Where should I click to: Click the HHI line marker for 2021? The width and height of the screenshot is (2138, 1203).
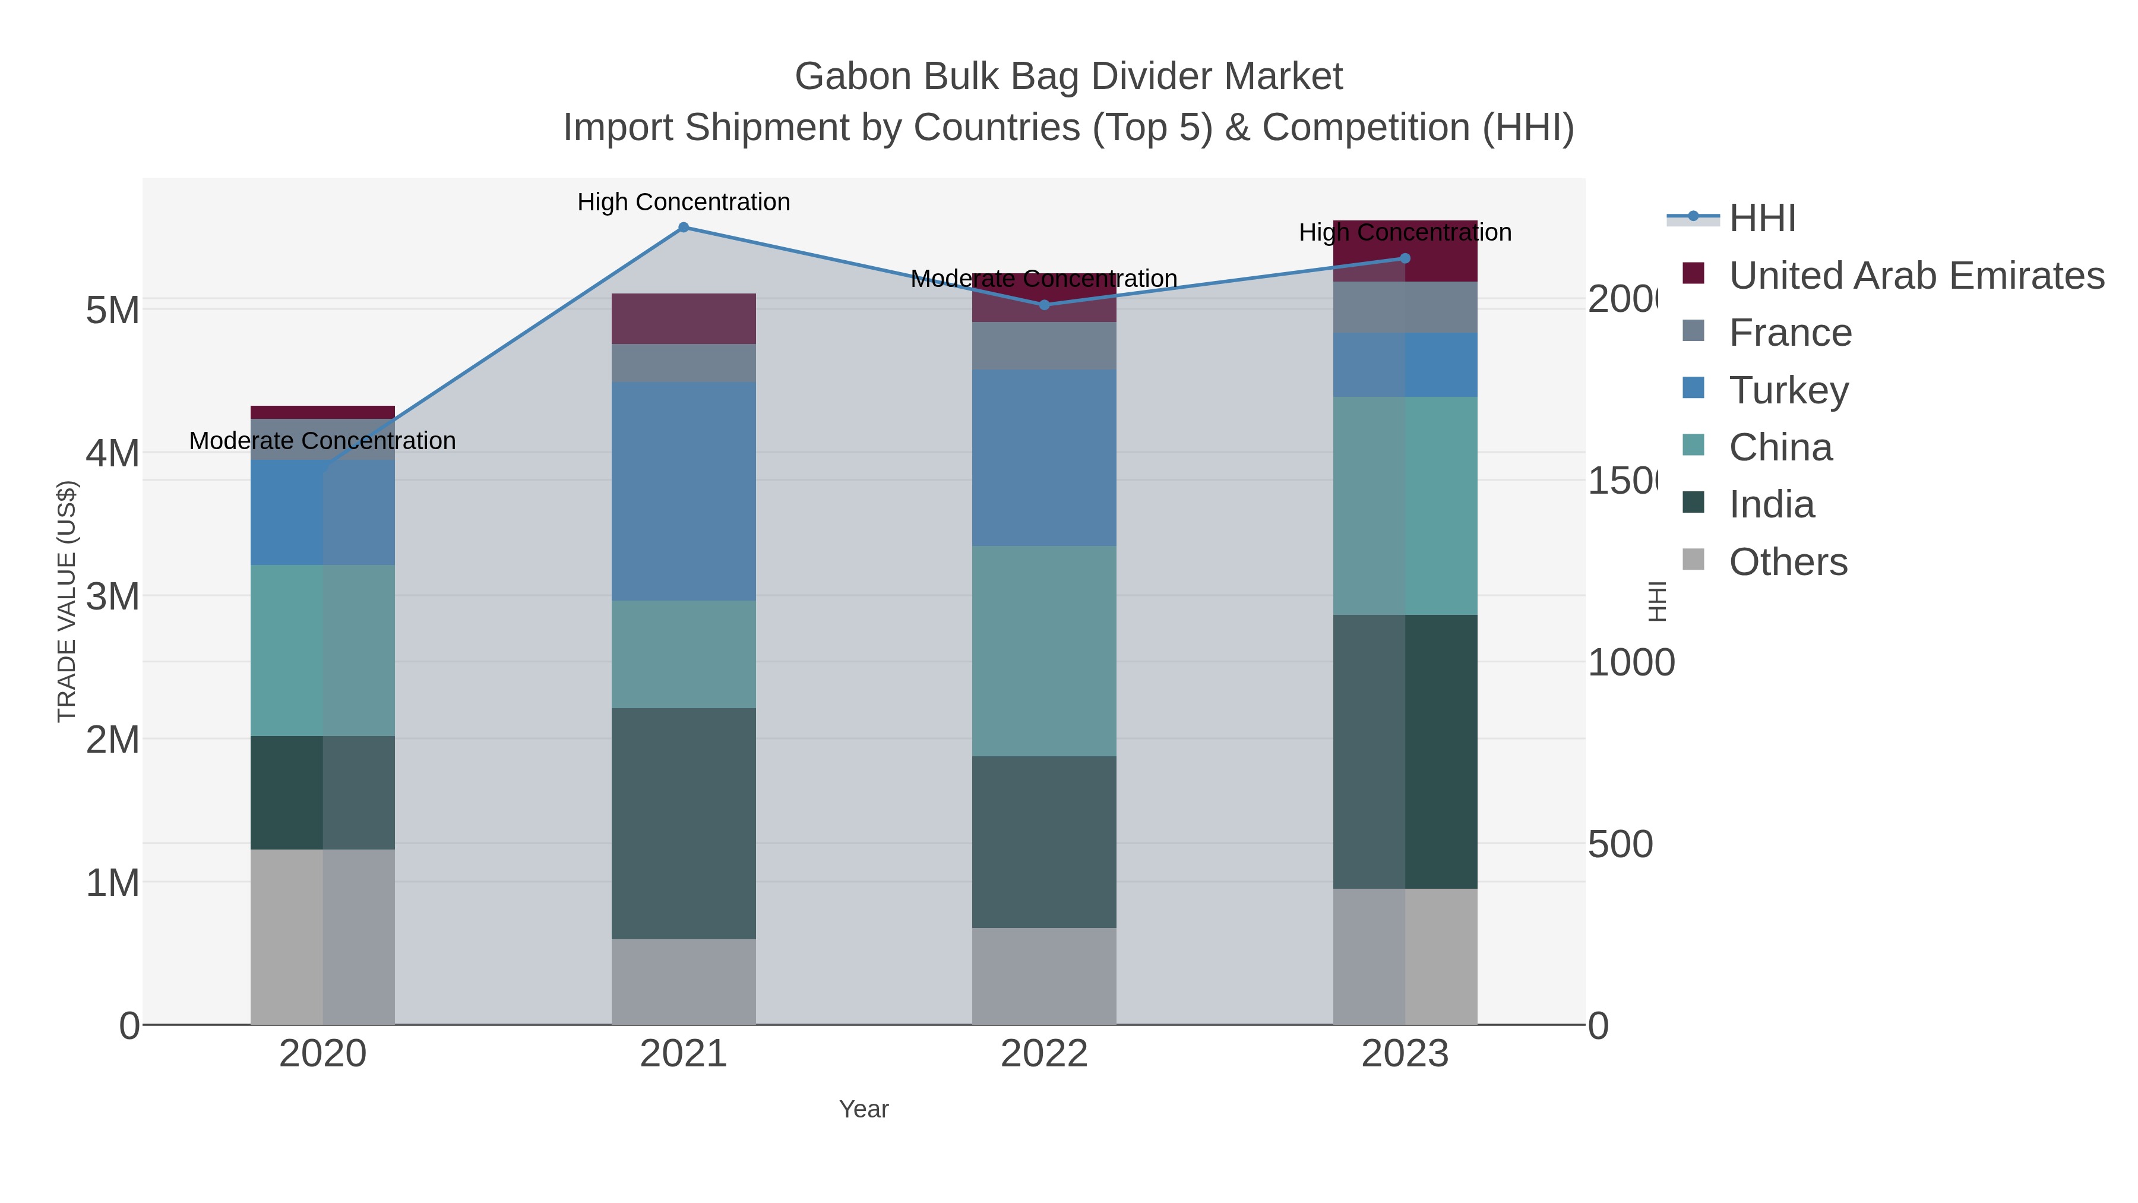point(683,228)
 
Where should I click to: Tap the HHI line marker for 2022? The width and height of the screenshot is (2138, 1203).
point(1044,305)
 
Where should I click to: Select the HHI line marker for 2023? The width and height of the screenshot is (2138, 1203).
point(1405,258)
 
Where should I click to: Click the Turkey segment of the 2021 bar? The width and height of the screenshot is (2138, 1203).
point(683,491)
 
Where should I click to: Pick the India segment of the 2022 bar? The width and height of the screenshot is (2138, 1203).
point(1044,841)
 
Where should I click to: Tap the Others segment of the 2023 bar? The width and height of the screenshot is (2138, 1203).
point(1405,956)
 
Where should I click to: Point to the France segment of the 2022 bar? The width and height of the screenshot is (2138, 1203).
point(1044,345)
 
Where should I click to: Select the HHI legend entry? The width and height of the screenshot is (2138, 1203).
point(1761,219)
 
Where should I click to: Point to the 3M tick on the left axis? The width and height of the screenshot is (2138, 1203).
point(112,596)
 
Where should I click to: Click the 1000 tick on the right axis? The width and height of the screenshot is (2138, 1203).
point(1630,662)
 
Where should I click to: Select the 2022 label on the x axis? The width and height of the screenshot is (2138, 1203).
point(1044,1053)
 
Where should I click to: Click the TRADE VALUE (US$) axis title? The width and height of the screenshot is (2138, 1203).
point(67,601)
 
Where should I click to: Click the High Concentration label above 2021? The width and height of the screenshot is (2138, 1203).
point(683,202)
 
